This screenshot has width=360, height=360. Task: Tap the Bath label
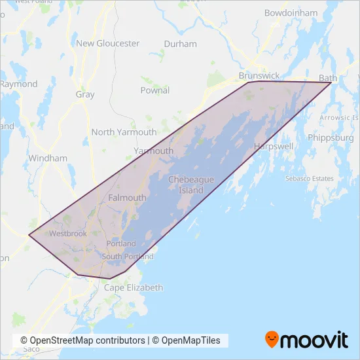coord(327,79)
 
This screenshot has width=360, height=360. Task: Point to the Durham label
coord(181,44)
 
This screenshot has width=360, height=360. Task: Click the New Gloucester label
coord(108,43)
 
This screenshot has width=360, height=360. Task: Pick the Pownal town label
coord(154,90)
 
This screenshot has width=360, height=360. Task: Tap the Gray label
coord(85,94)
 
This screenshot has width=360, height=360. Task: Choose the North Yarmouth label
coord(124,132)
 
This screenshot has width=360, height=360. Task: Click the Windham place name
coord(48,158)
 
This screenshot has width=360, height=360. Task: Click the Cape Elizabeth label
coord(134,287)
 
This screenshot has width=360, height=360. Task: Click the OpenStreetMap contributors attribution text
coord(82,340)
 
